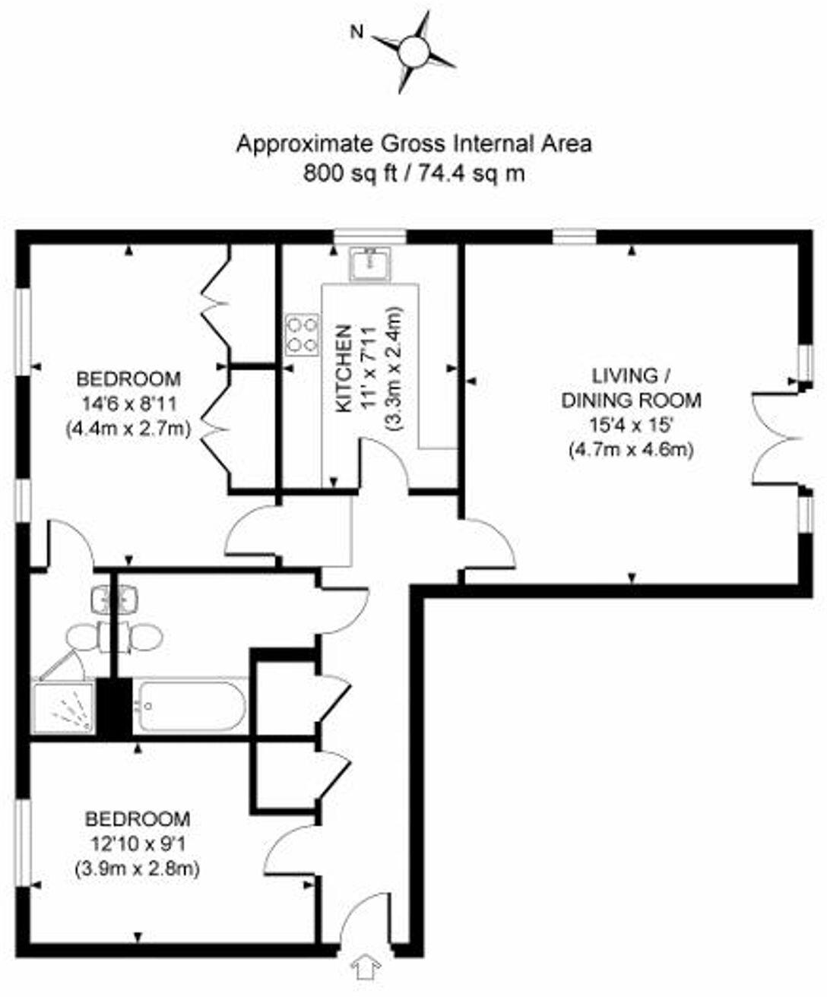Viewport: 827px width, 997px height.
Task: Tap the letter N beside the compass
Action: coord(355,32)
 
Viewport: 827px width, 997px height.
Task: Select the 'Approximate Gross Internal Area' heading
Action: coord(413,144)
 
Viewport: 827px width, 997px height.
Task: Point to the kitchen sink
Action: coord(370,263)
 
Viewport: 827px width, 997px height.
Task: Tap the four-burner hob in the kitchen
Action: coord(301,335)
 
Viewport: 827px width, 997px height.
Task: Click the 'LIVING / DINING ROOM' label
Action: coord(631,388)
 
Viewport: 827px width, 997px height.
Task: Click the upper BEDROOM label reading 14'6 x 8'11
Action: coord(129,378)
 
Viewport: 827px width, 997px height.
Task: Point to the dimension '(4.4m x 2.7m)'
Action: coord(129,429)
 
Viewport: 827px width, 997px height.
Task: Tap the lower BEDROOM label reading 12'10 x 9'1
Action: coord(138,819)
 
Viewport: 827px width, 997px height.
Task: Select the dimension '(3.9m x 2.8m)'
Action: coord(138,868)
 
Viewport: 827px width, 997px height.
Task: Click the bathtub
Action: coord(190,706)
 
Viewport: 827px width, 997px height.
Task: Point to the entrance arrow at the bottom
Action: coord(366,969)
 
